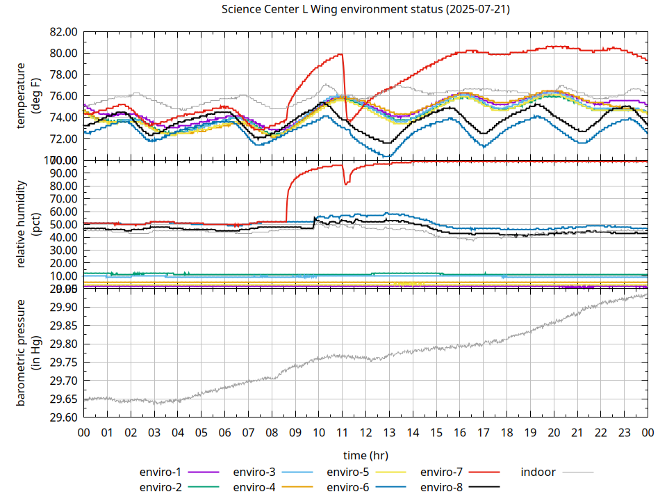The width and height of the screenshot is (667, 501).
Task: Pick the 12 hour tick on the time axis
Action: pyautogui.click(x=365, y=432)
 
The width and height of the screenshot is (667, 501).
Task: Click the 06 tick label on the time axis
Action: pyautogui.click(x=224, y=432)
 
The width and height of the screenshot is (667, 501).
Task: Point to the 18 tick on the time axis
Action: pyautogui.click(x=507, y=432)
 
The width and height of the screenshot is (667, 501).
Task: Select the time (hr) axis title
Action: pyautogui.click(x=365, y=455)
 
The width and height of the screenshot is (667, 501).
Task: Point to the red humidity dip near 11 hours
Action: pyautogui.click(x=346, y=184)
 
